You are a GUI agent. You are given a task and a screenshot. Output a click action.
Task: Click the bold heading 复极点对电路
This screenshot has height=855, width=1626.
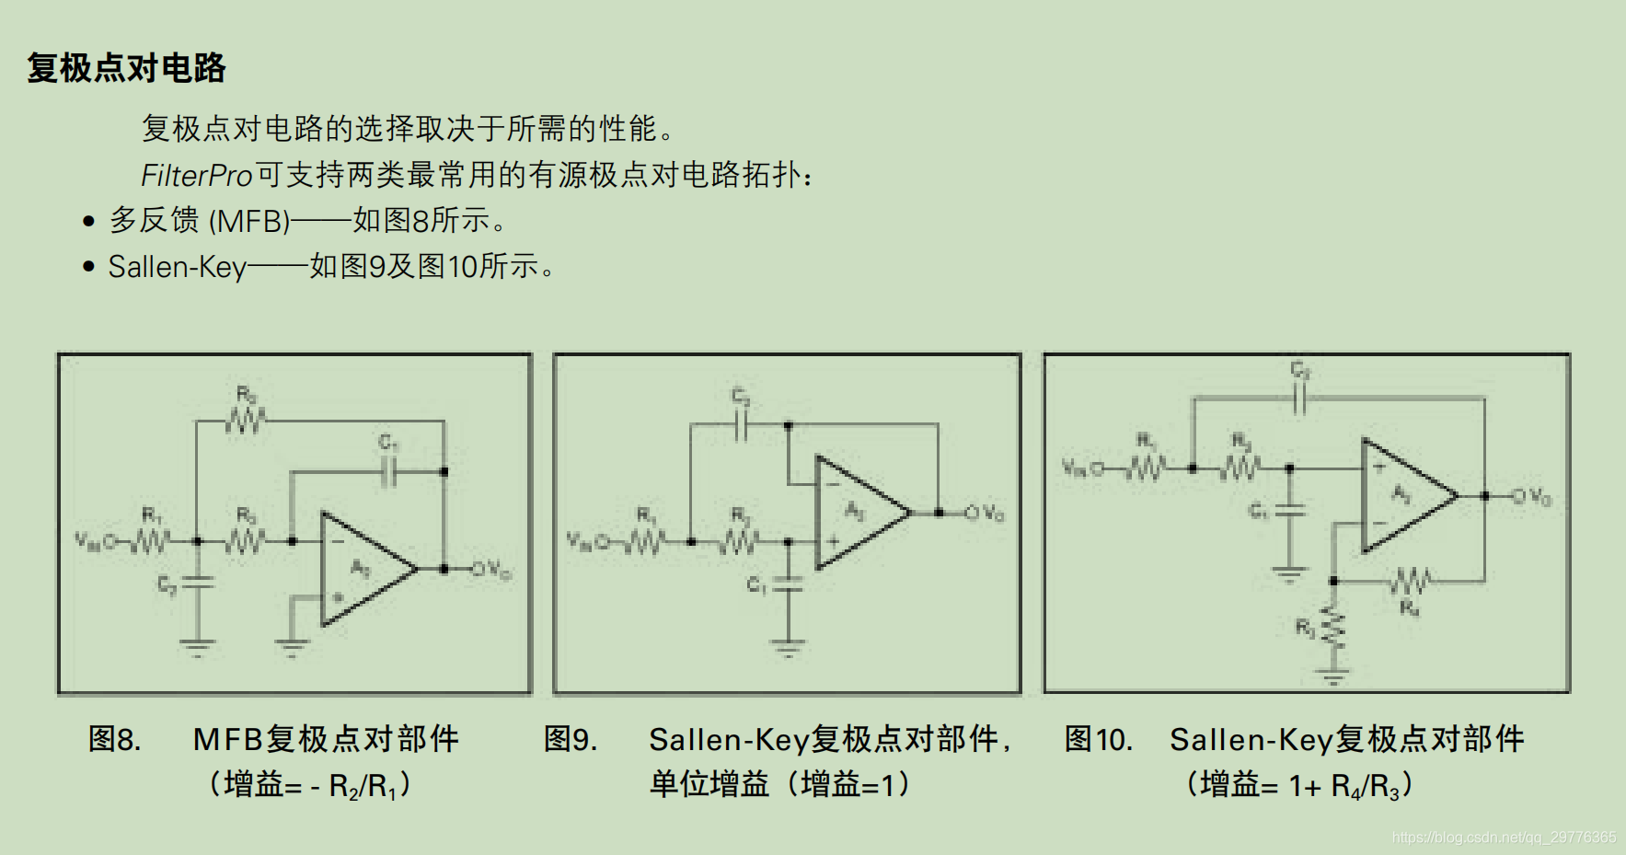coord(126,68)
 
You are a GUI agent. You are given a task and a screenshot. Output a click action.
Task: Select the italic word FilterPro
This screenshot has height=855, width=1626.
coord(196,175)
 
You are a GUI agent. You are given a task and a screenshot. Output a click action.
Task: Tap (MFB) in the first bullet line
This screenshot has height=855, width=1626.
coord(249,221)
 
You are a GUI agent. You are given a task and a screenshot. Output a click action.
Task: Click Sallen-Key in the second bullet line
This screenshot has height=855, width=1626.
coord(177,267)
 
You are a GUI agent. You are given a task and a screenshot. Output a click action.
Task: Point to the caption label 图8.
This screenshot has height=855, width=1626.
coord(114,739)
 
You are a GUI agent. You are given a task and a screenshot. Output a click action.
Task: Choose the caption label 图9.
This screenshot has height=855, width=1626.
coord(570,739)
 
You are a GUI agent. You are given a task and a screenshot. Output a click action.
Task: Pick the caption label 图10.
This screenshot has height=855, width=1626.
coord(1098,739)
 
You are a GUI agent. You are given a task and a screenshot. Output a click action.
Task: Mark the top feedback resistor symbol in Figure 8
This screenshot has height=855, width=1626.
coord(246,422)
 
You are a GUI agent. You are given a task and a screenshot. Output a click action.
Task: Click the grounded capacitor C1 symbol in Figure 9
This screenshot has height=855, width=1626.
coord(788,584)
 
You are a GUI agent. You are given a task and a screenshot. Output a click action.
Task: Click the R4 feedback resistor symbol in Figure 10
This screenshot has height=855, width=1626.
coord(1409,582)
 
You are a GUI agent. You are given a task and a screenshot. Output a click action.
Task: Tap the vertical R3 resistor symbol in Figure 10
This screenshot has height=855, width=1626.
coord(1332,628)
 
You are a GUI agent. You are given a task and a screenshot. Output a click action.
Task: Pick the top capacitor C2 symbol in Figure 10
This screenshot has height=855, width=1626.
coord(1299,399)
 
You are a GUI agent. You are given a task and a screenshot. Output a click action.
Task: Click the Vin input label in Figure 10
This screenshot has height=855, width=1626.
coord(1073,468)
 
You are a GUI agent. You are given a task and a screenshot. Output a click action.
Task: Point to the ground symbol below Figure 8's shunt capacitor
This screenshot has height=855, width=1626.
coord(197,646)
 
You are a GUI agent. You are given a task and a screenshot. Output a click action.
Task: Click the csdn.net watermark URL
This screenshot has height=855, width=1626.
coord(1504,838)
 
